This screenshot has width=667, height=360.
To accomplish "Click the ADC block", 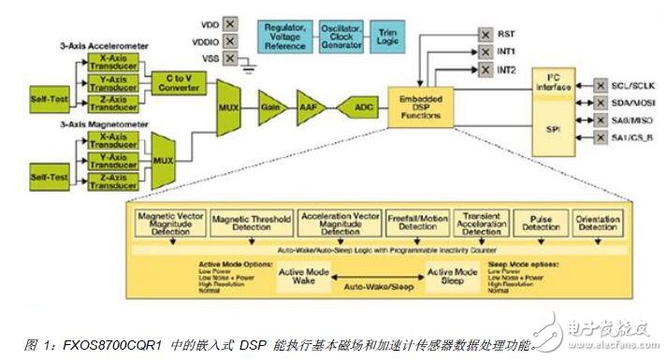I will (x=359, y=107).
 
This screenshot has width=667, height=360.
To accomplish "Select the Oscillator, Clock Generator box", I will (x=341, y=36).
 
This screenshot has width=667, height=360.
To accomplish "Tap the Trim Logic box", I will (x=385, y=36).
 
